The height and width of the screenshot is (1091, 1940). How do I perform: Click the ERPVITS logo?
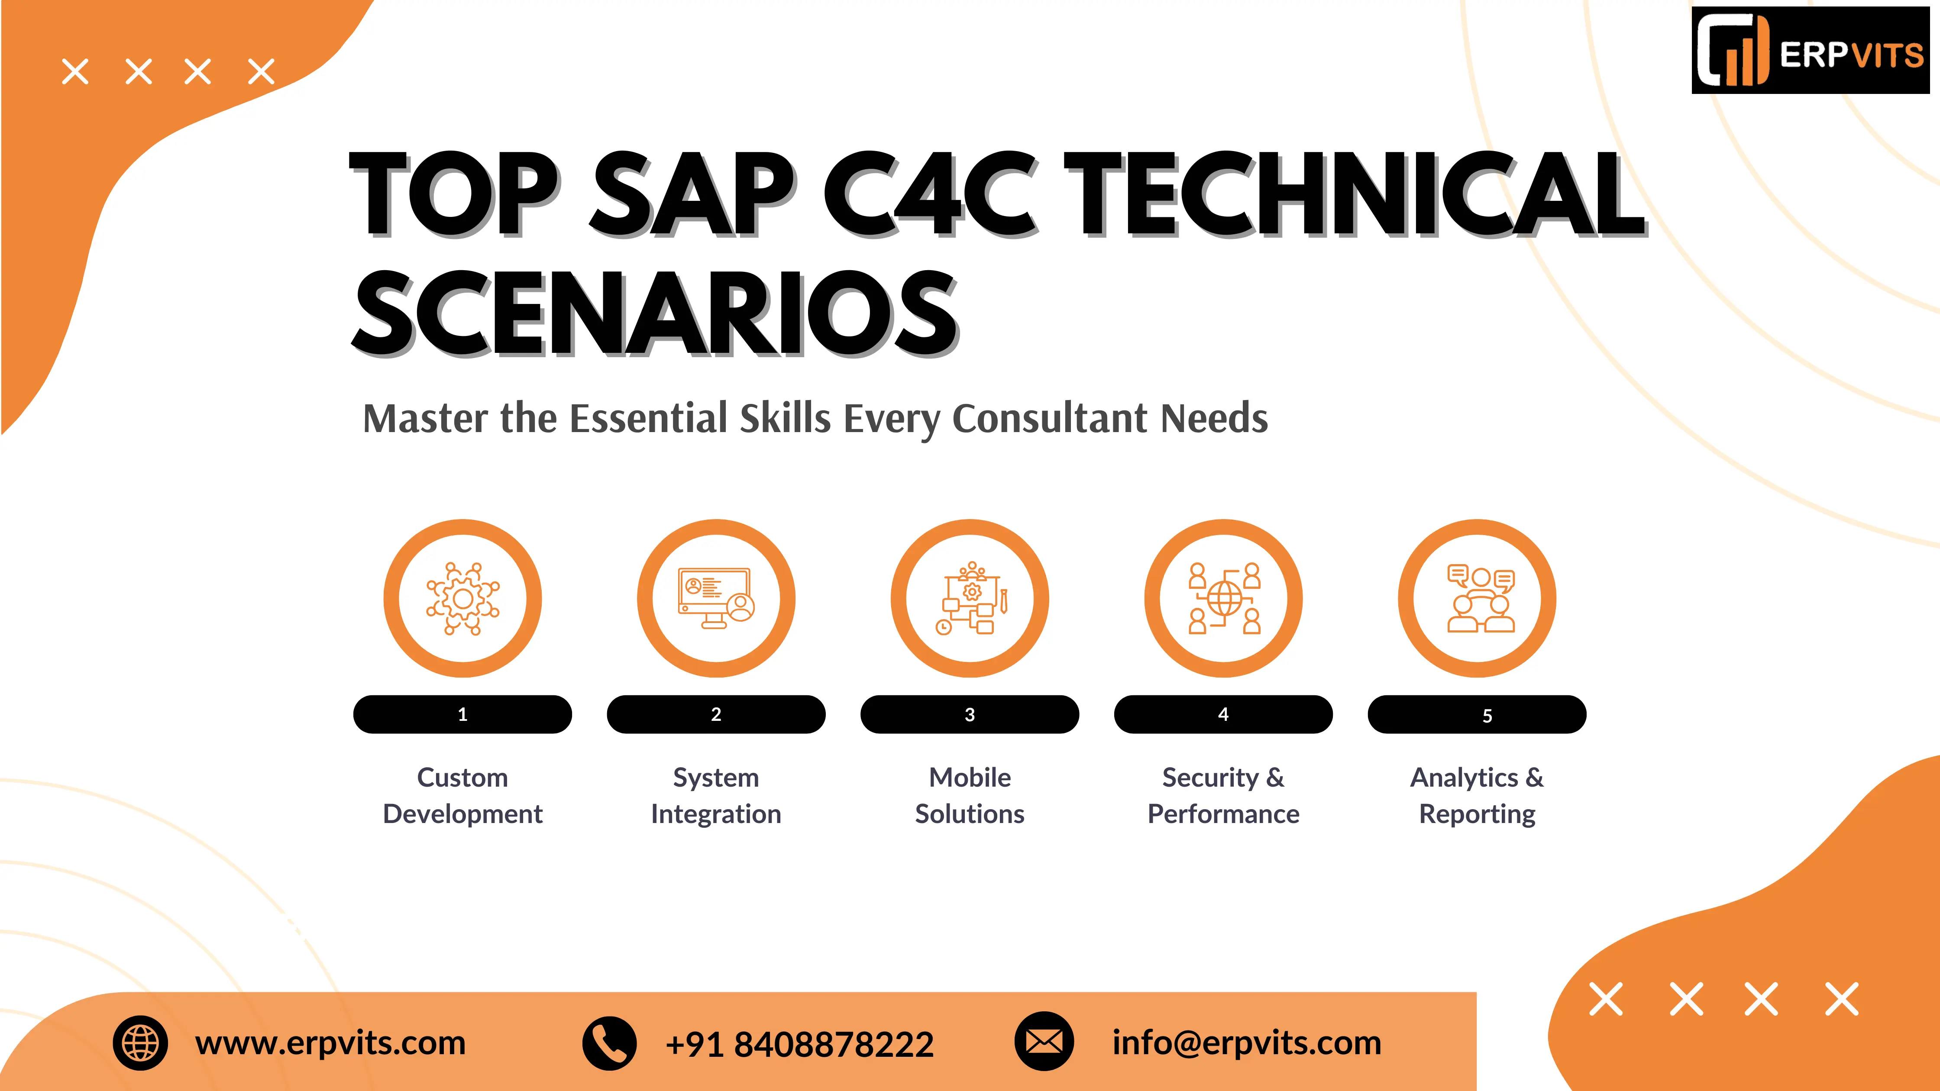(1811, 51)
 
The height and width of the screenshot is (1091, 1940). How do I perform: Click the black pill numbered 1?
(462, 714)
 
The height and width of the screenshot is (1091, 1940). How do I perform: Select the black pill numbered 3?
(970, 714)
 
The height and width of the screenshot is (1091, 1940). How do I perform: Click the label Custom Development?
(462, 796)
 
